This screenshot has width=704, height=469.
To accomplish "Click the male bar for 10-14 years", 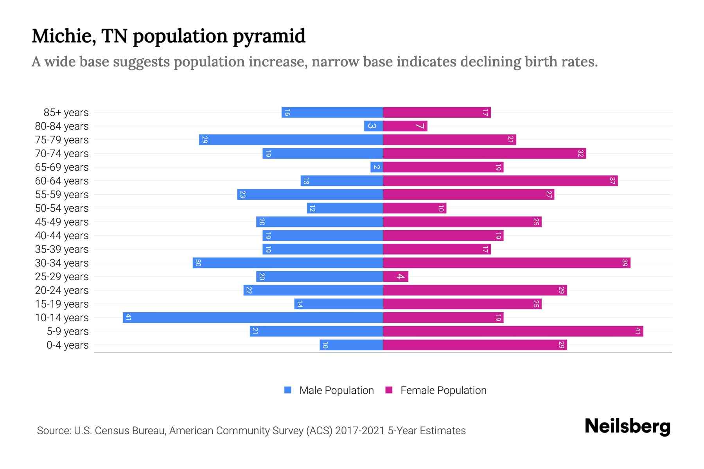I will pos(253,317).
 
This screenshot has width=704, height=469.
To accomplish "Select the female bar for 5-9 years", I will pos(513,331).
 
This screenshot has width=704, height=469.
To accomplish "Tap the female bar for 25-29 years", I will pos(395,276).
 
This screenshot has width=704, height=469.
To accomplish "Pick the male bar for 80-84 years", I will pos(373,126).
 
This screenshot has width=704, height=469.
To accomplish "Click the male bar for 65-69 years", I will pos(376,167).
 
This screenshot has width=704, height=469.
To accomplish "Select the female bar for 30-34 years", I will pos(506,263).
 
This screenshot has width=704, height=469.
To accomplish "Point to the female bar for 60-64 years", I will pos(500,181).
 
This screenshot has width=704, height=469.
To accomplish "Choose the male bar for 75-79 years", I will pos(291,140).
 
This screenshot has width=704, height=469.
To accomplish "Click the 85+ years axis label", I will pos(66,113).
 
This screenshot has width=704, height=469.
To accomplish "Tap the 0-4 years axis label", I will pos(67,345).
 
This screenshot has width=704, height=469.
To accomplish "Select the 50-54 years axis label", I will pos(62,208).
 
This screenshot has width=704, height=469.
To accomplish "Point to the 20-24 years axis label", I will pos(62,290).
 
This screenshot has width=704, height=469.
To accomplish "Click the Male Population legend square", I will pos(288,390).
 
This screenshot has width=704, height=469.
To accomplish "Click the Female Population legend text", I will pos(443,390).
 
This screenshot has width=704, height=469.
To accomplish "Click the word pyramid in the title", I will pos(269,36).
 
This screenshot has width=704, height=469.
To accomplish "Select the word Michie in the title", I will pos(64,36).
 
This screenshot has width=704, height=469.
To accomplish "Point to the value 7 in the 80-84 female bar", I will pos(420,126).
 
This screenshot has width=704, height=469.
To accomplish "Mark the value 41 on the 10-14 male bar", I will pos(128,317).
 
